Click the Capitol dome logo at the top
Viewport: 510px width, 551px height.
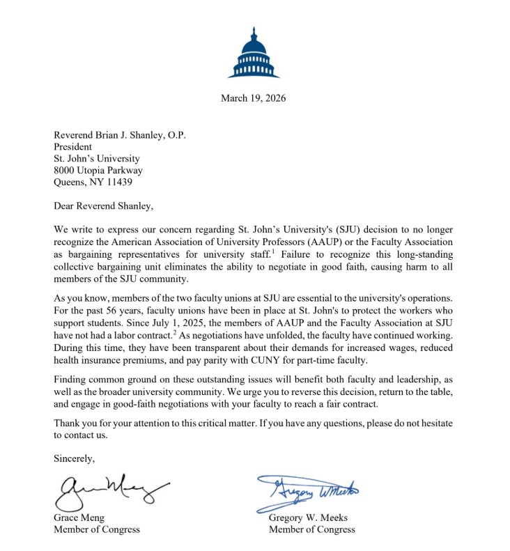pyautogui.click(x=254, y=53)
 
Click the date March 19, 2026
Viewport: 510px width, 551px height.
pyautogui.click(x=253, y=98)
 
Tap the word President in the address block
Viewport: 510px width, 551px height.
pyautogui.click(x=73, y=147)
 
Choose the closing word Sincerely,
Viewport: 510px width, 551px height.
pyautogui.click(x=74, y=458)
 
